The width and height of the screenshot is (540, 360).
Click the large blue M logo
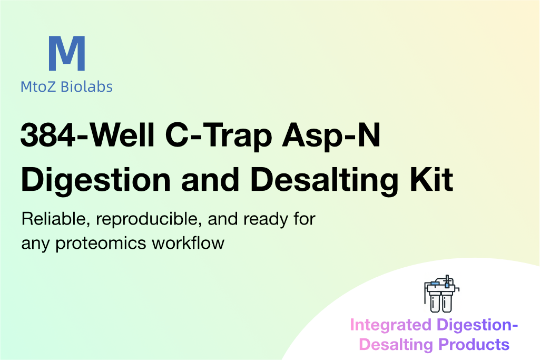tap(67, 53)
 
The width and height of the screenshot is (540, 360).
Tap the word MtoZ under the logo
tap(38, 87)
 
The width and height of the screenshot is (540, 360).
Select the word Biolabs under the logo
tap(86, 86)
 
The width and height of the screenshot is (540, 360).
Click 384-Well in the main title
tap(87, 135)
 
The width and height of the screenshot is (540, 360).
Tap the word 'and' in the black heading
tap(210, 180)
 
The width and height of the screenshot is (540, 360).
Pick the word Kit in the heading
tap(431, 180)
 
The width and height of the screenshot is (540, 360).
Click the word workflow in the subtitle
tap(188, 243)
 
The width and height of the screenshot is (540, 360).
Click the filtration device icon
tap(441, 294)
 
